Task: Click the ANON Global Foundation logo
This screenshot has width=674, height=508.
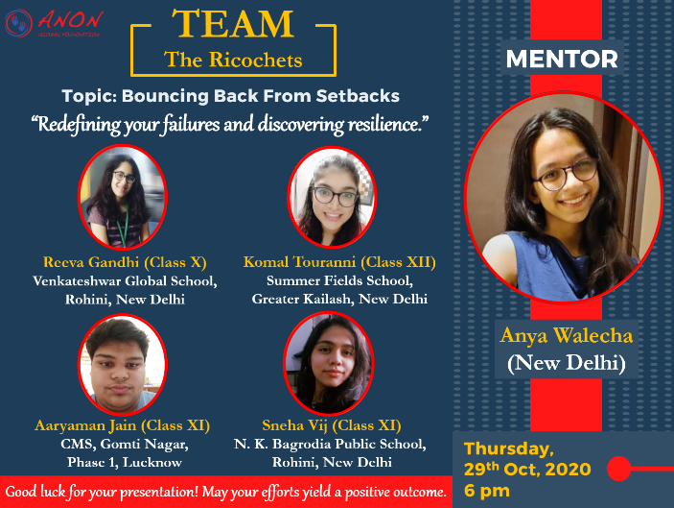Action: tap(54, 23)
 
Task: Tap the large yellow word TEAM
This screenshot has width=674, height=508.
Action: tap(233, 24)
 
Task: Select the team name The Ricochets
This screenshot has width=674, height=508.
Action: tap(233, 60)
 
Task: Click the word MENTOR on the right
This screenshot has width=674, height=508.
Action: tap(562, 59)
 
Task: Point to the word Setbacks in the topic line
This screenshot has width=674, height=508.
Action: tap(358, 96)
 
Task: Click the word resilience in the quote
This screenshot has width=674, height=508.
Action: tap(385, 124)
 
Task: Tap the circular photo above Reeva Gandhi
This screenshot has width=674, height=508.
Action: tap(123, 197)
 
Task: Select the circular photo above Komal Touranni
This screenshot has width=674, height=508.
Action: tap(332, 197)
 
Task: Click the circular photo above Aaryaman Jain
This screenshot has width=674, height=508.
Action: tap(123, 365)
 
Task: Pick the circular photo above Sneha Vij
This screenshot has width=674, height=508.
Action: tap(329, 364)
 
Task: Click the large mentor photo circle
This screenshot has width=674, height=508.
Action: tap(563, 197)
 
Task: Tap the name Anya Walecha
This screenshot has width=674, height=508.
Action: tap(566, 335)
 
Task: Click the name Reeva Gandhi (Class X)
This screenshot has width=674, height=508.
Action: tap(125, 262)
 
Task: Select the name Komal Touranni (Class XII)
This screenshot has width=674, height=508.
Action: tap(339, 262)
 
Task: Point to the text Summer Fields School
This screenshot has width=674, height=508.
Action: tap(339, 280)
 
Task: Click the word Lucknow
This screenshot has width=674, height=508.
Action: tap(152, 462)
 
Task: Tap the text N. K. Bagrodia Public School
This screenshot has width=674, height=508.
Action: tap(330, 444)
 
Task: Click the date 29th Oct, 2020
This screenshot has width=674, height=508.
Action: tap(527, 469)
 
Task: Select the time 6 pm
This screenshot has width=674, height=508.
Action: tap(487, 491)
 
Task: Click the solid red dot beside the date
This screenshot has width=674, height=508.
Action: tap(619, 469)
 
